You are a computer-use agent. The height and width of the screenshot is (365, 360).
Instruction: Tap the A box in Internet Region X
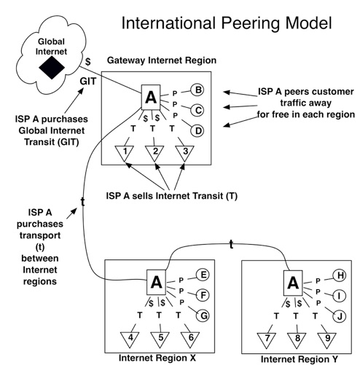click(x=156, y=281)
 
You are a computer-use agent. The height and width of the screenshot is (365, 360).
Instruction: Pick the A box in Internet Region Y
click(x=291, y=281)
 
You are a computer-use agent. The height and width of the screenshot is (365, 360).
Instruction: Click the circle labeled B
click(x=196, y=90)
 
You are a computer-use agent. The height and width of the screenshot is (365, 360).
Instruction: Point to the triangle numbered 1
click(x=126, y=153)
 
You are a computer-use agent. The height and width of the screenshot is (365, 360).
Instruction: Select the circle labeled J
click(x=338, y=315)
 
